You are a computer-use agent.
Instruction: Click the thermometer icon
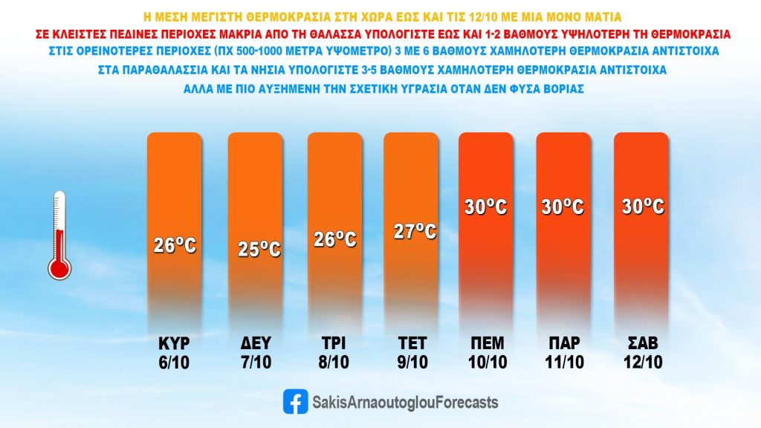click(x=59, y=235)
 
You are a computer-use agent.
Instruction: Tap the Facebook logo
click(x=295, y=402)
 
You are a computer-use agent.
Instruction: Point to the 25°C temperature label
click(x=259, y=249)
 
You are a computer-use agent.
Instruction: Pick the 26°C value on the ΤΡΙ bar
click(x=334, y=240)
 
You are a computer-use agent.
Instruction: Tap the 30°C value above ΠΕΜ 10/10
click(x=487, y=206)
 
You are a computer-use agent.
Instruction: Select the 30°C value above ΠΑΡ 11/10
click(x=563, y=206)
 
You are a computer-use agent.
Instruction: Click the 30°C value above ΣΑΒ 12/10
click(x=643, y=206)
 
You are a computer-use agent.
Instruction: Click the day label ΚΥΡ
click(x=175, y=343)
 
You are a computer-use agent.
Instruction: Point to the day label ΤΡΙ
click(x=334, y=343)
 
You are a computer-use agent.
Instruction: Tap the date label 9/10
click(x=410, y=363)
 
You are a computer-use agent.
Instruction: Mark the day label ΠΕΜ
click(x=487, y=343)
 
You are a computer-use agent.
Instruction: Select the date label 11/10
click(x=563, y=363)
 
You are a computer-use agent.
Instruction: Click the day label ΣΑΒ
click(x=643, y=343)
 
